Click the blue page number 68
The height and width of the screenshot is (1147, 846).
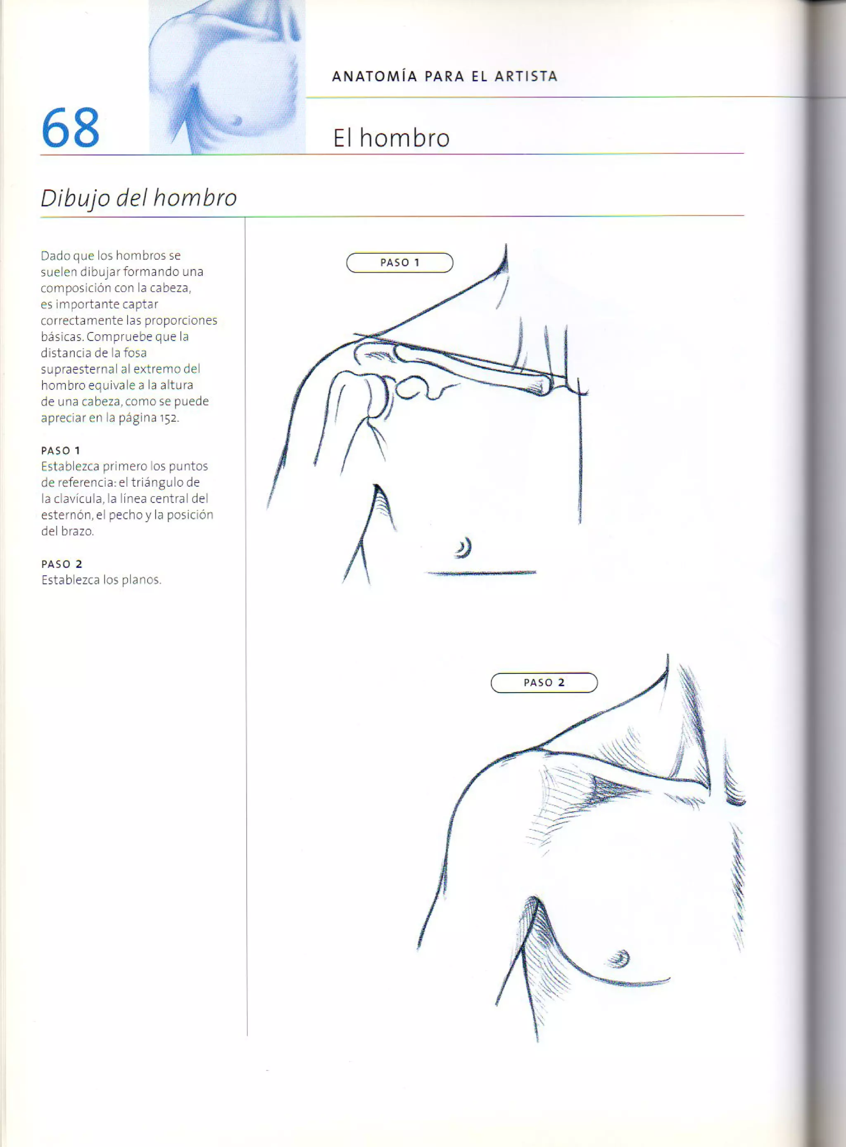tap(70, 128)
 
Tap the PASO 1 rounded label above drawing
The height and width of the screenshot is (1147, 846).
tap(399, 263)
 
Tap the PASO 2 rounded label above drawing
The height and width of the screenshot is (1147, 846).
tap(544, 683)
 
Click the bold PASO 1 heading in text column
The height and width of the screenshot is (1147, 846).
tap(60, 451)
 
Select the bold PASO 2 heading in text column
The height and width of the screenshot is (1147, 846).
tap(62, 564)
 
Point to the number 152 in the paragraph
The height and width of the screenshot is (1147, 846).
tap(169, 418)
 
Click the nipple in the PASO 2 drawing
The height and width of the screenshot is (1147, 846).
tap(621, 957)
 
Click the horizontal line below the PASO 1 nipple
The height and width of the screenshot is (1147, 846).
tap(481, 573)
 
